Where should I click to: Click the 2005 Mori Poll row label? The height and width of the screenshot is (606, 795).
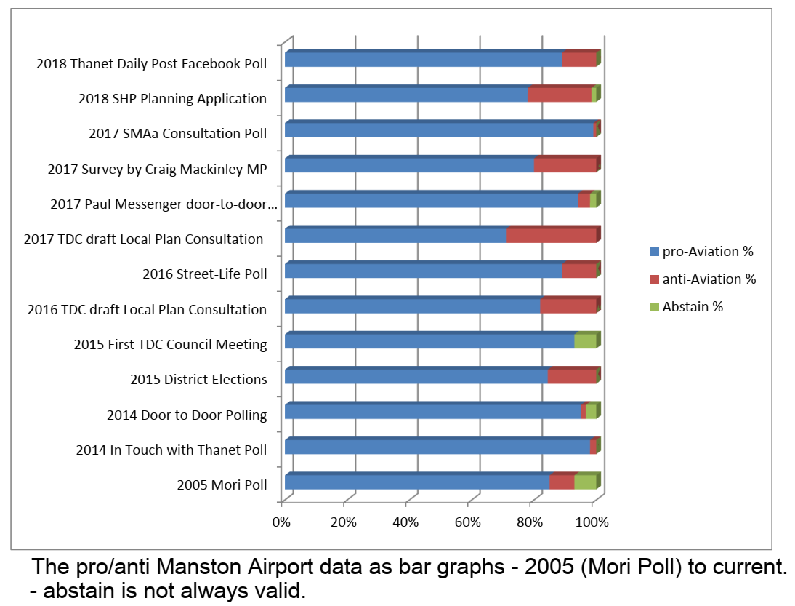222,485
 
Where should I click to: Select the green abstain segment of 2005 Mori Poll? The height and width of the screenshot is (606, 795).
585,482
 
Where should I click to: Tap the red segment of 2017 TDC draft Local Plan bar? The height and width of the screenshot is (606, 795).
550,236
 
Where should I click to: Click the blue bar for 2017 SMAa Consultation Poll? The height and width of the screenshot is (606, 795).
438,130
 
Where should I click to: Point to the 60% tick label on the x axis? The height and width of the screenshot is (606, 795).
468,522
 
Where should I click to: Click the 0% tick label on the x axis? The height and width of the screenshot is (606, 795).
281,522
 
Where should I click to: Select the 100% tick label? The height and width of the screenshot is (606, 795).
592,522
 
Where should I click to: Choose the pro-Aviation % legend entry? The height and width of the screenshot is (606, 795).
707,252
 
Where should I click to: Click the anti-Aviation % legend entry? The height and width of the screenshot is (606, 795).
709,279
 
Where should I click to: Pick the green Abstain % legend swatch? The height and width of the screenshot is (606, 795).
655,307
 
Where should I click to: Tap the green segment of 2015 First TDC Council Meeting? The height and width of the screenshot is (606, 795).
585,342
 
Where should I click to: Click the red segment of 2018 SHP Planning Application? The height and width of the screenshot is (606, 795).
559,95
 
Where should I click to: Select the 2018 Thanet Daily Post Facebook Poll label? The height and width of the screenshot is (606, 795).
151,63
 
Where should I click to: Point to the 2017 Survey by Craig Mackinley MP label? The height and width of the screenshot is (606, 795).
157,170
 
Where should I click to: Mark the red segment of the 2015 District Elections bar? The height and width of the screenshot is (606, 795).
571,377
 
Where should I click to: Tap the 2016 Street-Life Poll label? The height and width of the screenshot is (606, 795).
205,274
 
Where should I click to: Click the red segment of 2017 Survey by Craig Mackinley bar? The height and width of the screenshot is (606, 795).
565,165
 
